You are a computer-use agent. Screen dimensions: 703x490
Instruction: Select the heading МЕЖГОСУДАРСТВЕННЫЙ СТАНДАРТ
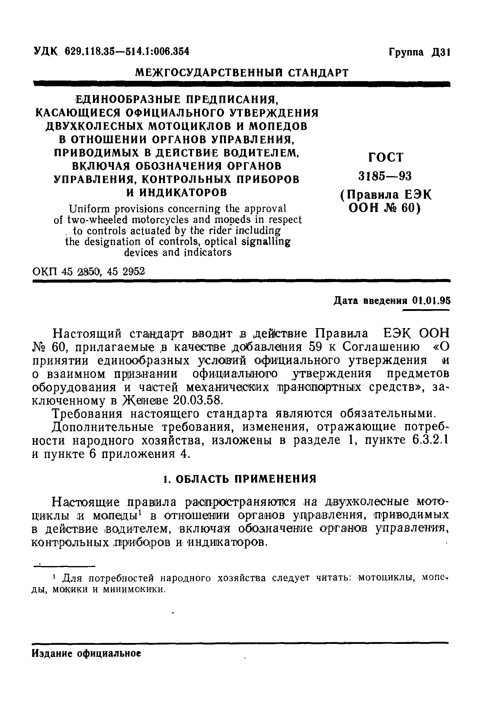pos(242,73)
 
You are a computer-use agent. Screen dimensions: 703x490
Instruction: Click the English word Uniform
pos(87,209)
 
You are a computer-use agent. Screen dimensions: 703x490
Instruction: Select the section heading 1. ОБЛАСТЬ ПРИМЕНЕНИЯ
pos(239,479)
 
